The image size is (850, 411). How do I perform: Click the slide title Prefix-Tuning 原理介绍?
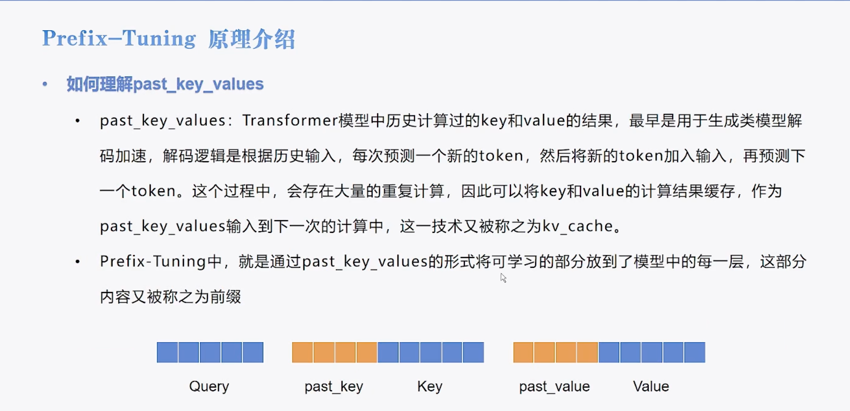pos(168,39)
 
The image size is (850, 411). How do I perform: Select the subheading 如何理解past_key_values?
pos(165,84)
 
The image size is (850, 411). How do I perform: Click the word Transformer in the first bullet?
pos(290,120)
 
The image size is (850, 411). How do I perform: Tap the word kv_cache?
pos(578,226)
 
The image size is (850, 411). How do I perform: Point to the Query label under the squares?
pos(209,386)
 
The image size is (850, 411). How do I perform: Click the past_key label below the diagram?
pos(334,386)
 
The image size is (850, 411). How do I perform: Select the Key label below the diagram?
pos(430,386)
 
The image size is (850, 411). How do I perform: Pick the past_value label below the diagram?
pos(554,386)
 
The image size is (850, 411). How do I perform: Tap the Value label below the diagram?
pos(651,386)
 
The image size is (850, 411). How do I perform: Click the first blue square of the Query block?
pos(167,352)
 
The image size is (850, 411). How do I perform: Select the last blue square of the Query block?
pos(253,352)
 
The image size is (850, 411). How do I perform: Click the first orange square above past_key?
pos(302,352)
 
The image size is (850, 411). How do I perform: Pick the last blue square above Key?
pos(473,352)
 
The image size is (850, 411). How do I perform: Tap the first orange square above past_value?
pos(523,352)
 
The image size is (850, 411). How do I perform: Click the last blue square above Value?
pos(695,352)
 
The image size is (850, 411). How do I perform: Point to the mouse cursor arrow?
pos(503,278)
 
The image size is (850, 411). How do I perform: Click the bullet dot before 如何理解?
pos(45,84)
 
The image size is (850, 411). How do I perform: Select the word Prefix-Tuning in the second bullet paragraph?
pos(152,261)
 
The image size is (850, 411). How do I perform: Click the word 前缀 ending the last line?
pos(225,296)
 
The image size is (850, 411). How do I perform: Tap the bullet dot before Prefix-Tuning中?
pos(77,261)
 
